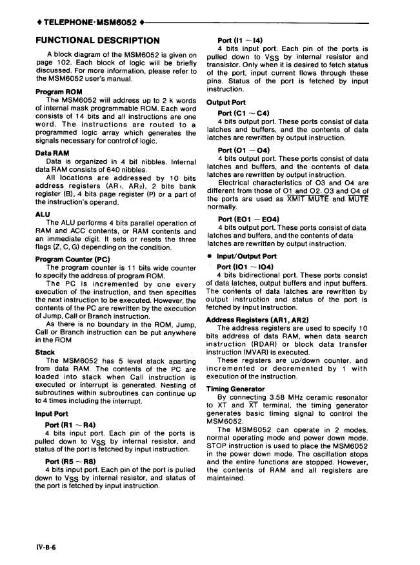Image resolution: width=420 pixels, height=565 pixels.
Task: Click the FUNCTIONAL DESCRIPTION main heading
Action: pyautogui.click(x=97, y=40)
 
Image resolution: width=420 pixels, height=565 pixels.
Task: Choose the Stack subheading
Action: pyautogui.click(x=45, y=353)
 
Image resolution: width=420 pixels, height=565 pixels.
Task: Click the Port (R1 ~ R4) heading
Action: pyautogui.click(x=70, y=425)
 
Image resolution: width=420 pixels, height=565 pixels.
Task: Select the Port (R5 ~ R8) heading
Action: pyautogui.click(x=70, y=462)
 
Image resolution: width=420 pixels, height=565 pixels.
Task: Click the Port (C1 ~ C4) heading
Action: pyautogui.click(x=243, y=114)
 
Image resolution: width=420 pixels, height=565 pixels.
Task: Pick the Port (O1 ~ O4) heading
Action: pyautogui.click(x=243, y=150)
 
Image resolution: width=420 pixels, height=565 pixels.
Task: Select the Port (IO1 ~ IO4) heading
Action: pyautogui.click(x=245, y=267)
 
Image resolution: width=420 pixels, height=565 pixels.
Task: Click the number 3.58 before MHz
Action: pyautogui.click(x=284, y=397)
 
